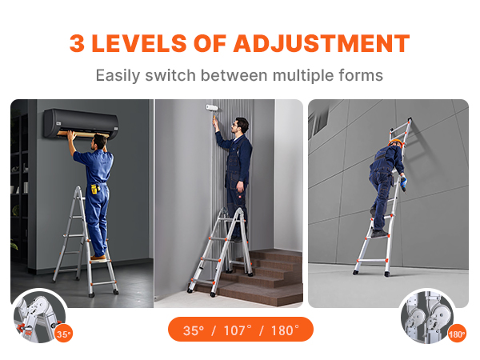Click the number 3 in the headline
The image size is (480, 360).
pos(78,42)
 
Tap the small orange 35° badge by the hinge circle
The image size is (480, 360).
pos(64,334)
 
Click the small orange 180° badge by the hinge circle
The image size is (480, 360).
pos(457,334)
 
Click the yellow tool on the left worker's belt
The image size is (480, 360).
pos(94,190)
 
